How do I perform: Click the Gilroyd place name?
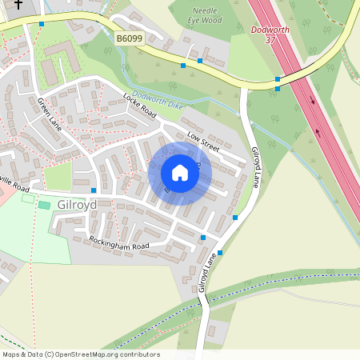click(77, 204)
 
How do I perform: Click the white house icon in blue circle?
click(180, 173)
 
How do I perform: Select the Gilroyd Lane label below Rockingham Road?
click(207, 273)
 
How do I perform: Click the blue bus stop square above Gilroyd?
click(94, 190)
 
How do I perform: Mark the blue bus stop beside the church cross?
click(41, 24)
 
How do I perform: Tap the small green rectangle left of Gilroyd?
click(44, 206)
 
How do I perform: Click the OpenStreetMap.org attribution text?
click(104, 354)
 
